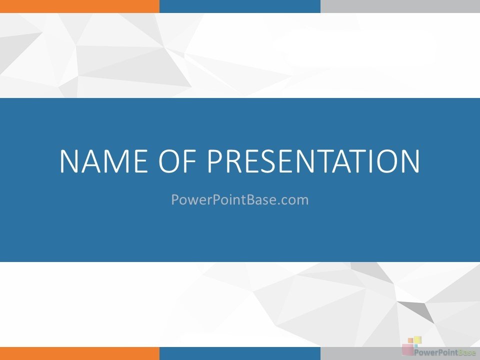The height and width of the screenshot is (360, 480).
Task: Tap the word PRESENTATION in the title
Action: pos(313,161)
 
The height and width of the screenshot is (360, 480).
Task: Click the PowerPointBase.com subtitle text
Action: pos(239,199)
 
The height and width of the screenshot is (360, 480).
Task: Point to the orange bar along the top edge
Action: pos(79,6)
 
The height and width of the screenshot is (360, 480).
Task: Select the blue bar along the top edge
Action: pos(240,6)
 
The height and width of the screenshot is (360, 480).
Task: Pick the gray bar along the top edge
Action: pos(400,6)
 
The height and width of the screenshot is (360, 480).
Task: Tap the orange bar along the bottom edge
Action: pos(79,353)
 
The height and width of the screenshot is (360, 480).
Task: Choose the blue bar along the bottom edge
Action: pos(240,353)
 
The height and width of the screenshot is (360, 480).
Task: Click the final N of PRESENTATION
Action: pos(410,161)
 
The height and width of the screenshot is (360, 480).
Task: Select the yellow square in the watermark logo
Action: pos(418,340)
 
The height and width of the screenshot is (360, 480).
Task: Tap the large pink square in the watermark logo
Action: pos(408,349)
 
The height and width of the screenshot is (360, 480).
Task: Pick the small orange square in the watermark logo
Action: pos(410,340)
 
